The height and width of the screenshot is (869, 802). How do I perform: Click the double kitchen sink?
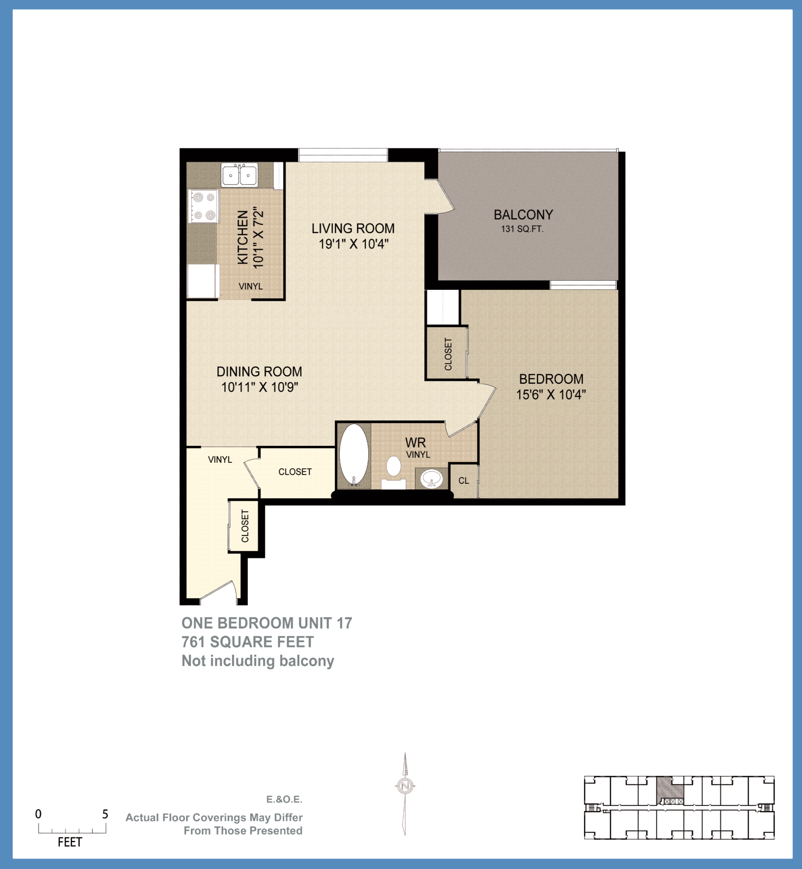click(240, 175)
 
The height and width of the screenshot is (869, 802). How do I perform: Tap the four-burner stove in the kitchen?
click(204, 206)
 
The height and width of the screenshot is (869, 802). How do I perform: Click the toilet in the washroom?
click(393, 466)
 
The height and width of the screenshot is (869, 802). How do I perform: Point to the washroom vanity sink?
click(431, 479)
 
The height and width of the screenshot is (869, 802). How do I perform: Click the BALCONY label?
click(523, 215)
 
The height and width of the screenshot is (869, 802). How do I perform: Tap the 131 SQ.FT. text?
click(522, 229)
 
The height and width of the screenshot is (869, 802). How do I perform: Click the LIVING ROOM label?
click(353, 228)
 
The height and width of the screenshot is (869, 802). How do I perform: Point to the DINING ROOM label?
click(259, 371)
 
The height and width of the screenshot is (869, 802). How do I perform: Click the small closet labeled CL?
click(463, 481)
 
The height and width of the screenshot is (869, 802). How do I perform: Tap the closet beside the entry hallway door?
click(244, 526)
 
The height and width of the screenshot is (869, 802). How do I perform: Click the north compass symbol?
click(405, 786)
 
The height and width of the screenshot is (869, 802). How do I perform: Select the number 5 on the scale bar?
click(105, 814)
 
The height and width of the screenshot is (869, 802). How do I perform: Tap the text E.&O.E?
click(284, 799)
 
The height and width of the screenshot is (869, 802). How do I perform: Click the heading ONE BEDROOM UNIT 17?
click(267, 623)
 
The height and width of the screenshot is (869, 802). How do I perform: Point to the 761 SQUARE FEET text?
click(247, 642)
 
